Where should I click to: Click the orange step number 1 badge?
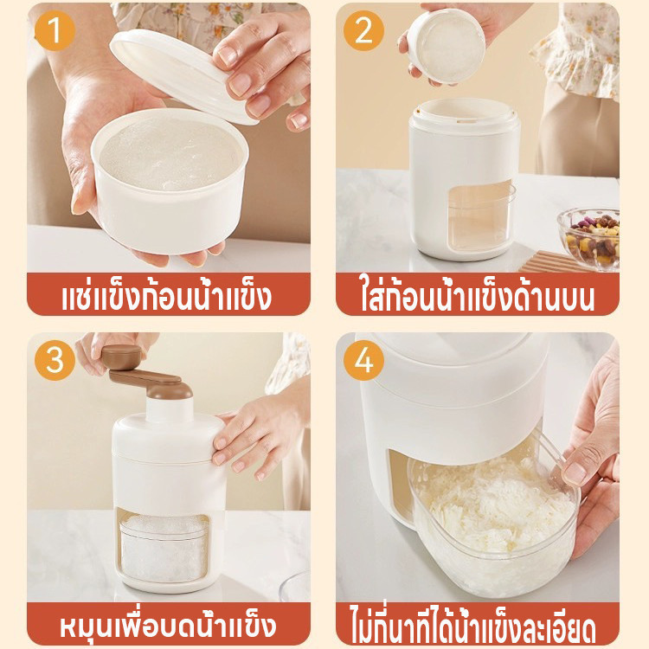coord(55,30)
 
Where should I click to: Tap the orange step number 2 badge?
coord(363,30)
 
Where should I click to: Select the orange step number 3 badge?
coord(55,360)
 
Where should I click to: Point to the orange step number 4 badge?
coord(363,360)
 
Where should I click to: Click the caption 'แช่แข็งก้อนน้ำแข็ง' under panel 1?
coord(167,296)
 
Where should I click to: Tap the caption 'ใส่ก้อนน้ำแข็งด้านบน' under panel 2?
coord(477,296)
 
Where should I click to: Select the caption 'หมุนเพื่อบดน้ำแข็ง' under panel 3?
coord(168,626)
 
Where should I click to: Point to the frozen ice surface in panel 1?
coord(170,153)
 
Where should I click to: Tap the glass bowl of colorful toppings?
coord(588,238)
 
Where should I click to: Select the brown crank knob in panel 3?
coord(121,357)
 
